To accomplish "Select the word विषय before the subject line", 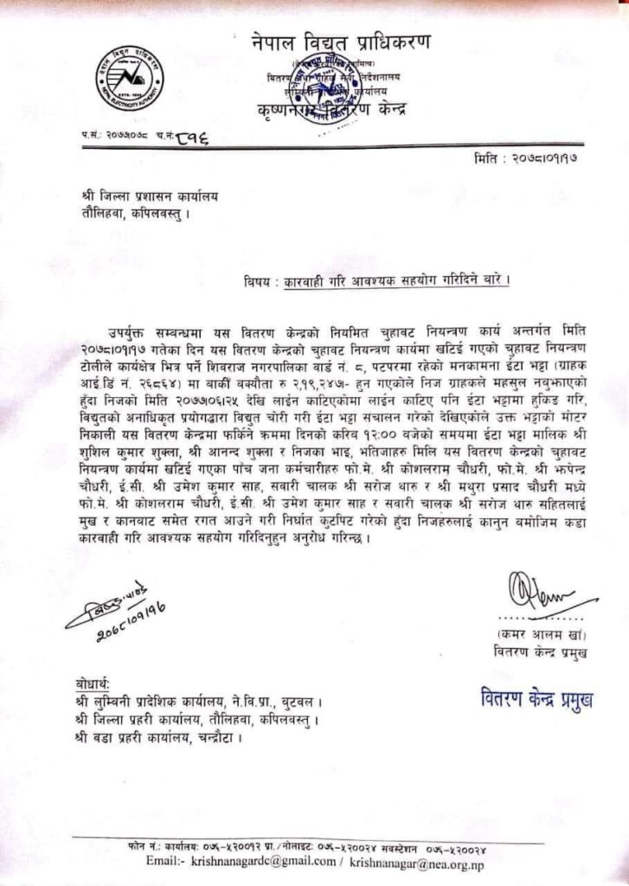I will pyautogui.click(x=262, y=280).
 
